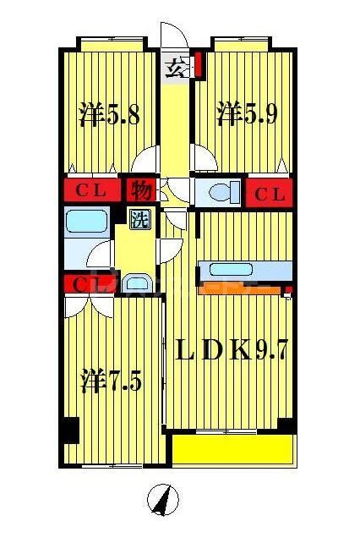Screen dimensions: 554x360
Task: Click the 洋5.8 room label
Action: [x=109, y=114]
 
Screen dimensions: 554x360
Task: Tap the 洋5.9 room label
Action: [x=247, y=114]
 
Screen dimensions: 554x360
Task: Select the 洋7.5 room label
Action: [x=111, y=381]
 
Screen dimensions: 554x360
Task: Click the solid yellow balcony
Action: [x=232, y=450]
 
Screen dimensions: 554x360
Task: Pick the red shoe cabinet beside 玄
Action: [x=198, y=65]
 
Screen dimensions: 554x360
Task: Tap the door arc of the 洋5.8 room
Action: [x=149, y=159]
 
